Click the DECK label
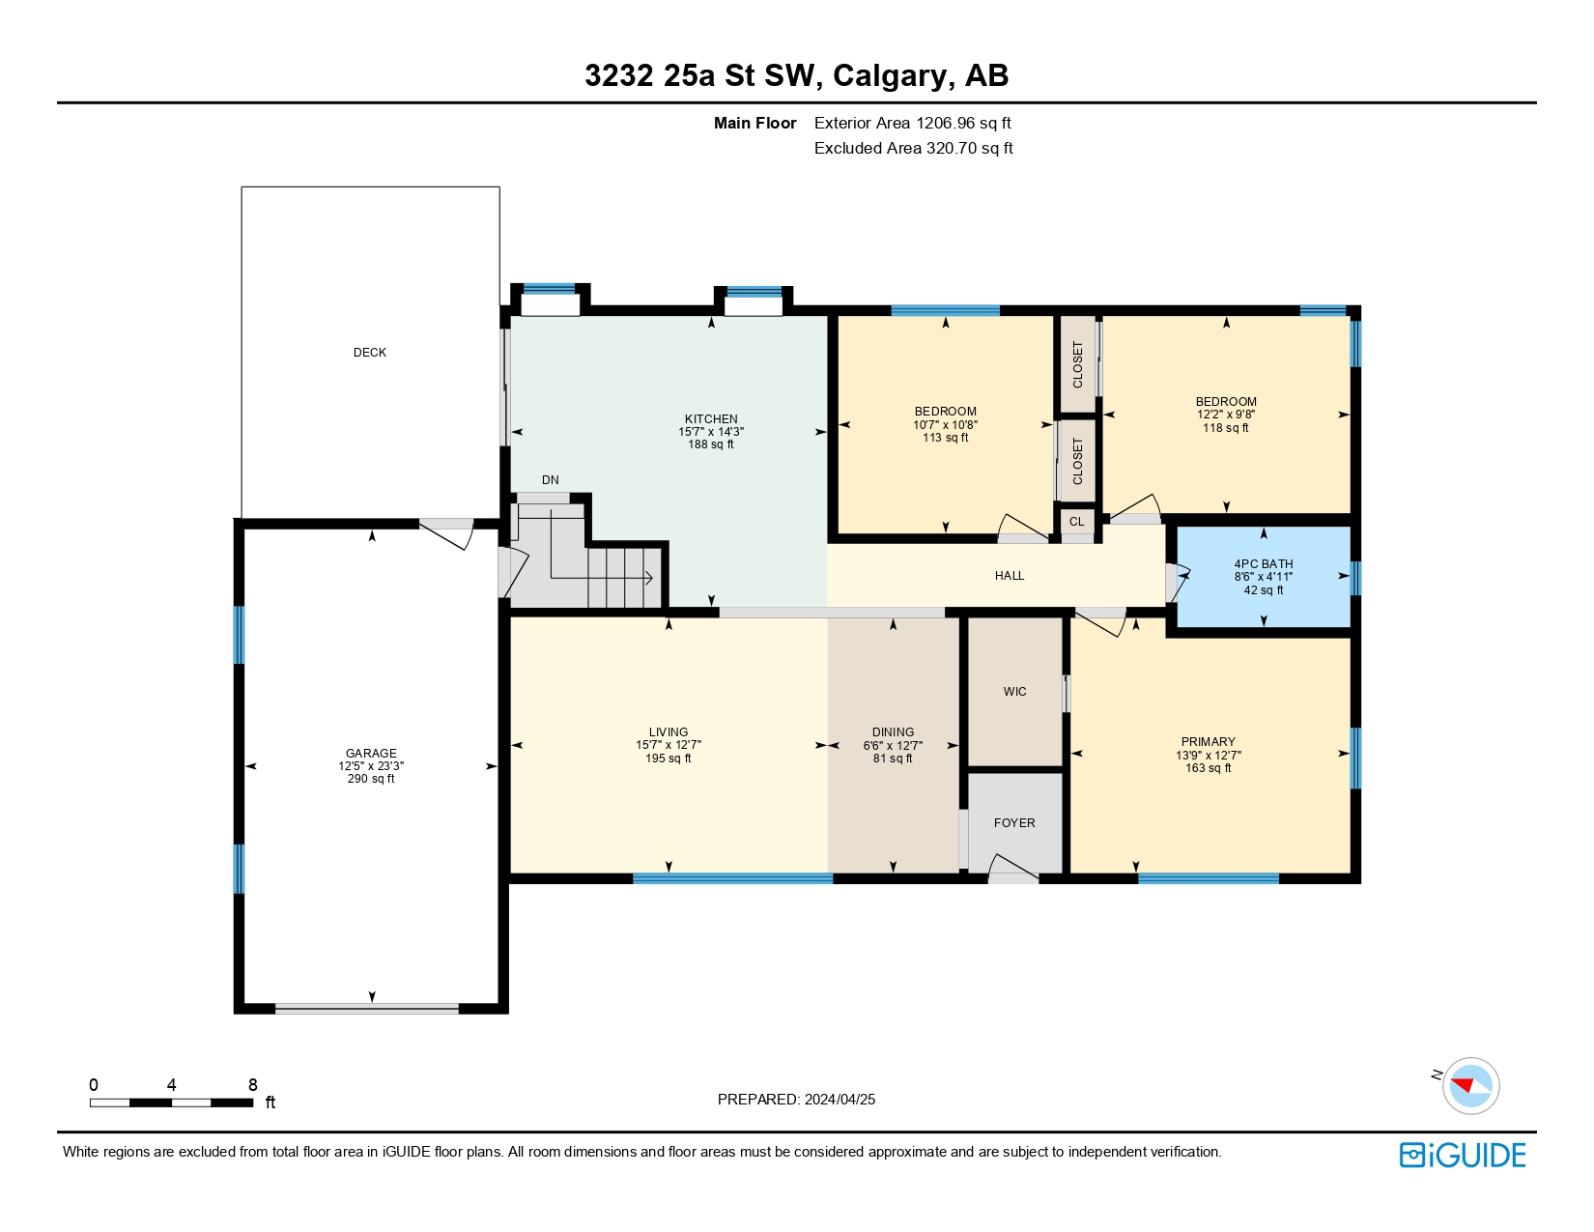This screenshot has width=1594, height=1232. coord(370,353)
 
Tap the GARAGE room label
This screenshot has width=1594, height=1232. coord(371,753)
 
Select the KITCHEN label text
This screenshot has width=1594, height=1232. coord(711,419)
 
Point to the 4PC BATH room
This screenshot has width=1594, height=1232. coord(1264,577)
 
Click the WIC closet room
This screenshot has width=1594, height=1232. coord(1015,691)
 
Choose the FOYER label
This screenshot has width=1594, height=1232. coord(1014,822)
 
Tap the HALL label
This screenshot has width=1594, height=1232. coord(1010,575)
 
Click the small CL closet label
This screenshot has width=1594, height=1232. coord(1077,521)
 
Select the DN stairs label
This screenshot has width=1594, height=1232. coord(550,480)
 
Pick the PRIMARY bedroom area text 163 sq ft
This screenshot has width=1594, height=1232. coord(1209,767)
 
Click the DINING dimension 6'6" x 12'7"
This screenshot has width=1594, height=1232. coord(893,746)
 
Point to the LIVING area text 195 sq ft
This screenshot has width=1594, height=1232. coord(669,758)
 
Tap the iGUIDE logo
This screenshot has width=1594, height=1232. coord(1463,1155)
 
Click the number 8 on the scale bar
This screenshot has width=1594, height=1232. coord(252,1084)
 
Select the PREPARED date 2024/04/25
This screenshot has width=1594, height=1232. coord(840,1100)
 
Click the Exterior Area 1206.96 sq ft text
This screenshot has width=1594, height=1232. coord(913,123)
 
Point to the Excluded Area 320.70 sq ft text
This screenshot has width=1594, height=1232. coord(913,148)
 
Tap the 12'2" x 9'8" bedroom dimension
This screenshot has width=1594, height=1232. coord(1226,414)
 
